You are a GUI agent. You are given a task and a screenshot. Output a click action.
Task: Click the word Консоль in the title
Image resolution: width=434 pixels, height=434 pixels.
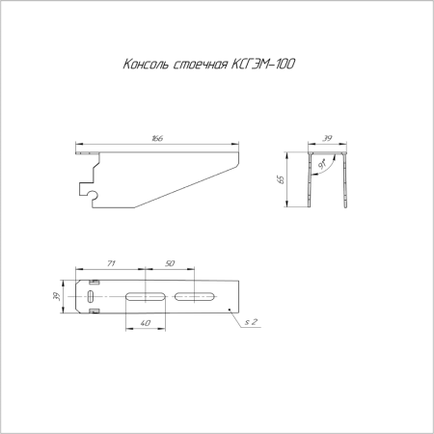pos(146,65)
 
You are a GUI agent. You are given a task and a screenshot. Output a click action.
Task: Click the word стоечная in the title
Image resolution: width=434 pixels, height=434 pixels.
pos(199,65)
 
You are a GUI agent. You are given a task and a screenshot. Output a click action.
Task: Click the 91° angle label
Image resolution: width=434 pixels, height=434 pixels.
pos(322,166)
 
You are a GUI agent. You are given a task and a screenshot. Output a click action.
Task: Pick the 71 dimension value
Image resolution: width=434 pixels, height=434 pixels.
pos(111,262)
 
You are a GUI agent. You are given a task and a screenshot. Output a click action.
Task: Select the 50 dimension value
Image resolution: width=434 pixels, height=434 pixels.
pos(169,262)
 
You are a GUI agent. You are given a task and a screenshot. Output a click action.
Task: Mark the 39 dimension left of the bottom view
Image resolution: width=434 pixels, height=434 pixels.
pos(59,296)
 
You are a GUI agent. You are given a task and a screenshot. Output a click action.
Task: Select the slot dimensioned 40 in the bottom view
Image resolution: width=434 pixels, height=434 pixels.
pos(146,295)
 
